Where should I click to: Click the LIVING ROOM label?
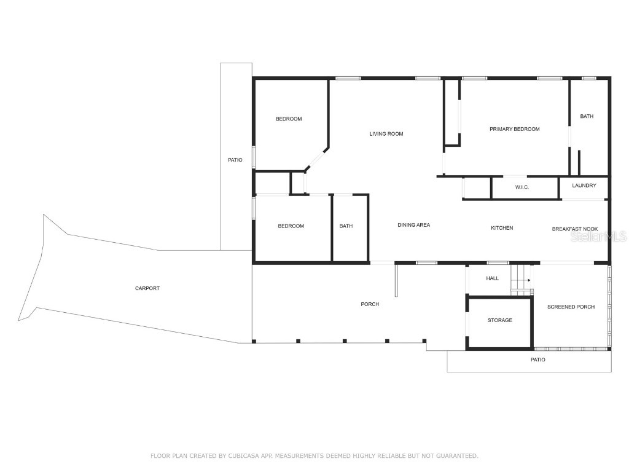[x=386, y=134]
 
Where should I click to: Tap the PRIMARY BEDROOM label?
[x=514, y=129]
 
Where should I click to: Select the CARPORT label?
[x=147, y=288]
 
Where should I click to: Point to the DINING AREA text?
[x=413, y=226]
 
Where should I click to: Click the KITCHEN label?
[x=501, y=228]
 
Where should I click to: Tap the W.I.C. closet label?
[x=522, y=187]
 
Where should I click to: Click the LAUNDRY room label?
[x=584, y=186]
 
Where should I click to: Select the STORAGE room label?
[x=499, y=320]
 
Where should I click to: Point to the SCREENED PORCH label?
[x=571, y=307]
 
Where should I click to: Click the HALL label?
[x=492, y=278]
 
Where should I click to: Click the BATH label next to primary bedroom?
[x=587, y=116]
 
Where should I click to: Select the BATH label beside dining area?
[x=346, y=226]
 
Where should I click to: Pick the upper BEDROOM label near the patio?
[x=288, y=119]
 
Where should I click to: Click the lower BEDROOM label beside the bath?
[x=291, y=226]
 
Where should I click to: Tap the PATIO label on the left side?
[x=235, y=160]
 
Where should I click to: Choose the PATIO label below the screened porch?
[x=537, y=360]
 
